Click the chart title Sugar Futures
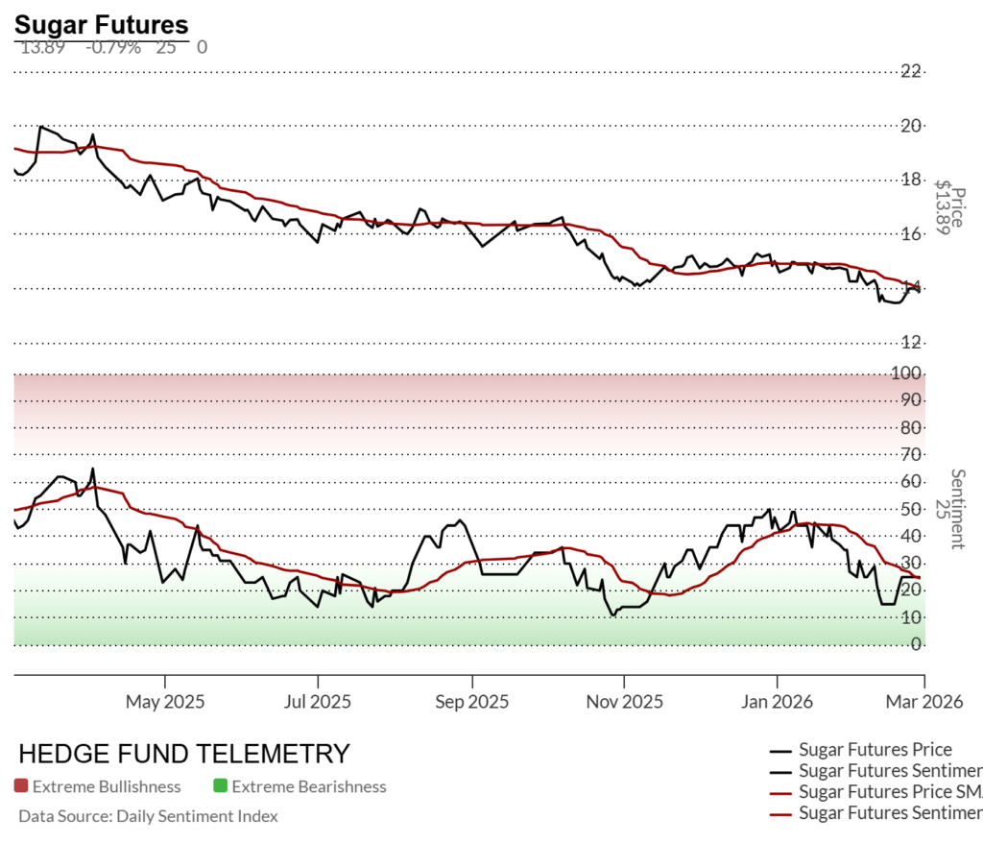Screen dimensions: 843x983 [102, 25]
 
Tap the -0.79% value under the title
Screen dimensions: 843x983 [112, 47]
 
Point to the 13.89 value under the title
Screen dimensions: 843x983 [42, 47]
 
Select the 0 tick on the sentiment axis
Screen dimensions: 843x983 [917, 644]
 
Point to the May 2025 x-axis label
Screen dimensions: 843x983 [165, 702]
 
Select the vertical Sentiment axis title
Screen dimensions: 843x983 [956, 509]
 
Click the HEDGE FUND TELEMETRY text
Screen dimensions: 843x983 [184, 753]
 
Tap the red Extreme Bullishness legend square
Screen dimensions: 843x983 [21, 786]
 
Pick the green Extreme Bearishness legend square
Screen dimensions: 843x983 [220, 786]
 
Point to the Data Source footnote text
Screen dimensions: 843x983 [148, 816]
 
